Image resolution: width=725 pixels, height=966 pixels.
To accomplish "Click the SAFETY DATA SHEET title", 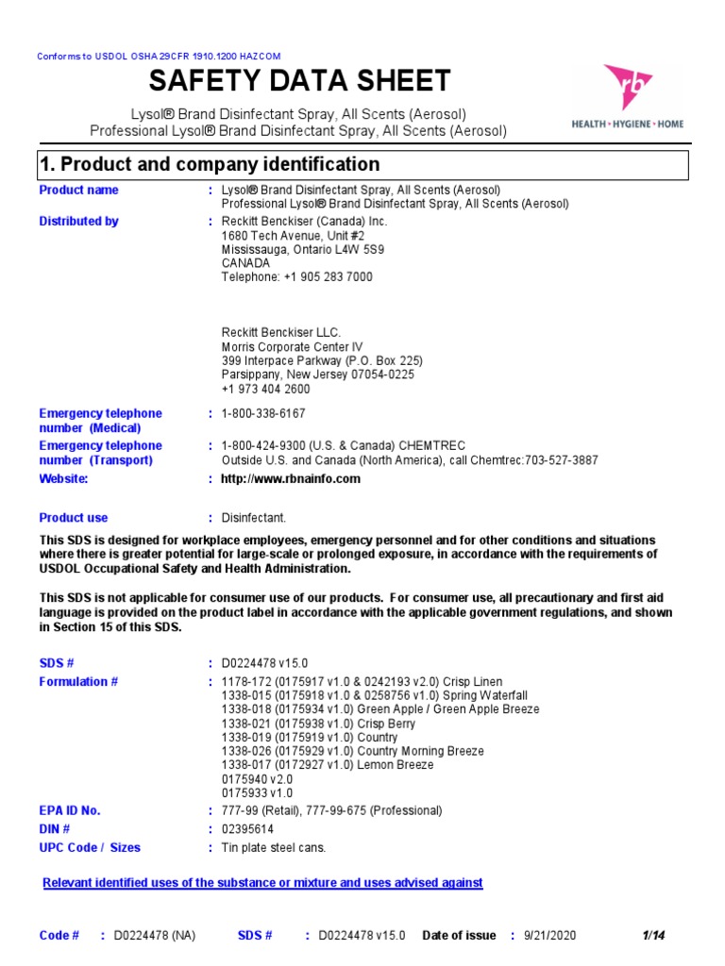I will (x=299, y=80).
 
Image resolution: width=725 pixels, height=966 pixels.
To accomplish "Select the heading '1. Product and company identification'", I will (x=210, y=165).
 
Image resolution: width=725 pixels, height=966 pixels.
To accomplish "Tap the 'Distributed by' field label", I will (x=78, y=222).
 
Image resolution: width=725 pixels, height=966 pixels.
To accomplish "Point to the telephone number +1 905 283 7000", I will (x=296, y=277).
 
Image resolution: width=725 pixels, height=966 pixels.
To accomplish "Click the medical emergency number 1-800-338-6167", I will (x=263, y=414).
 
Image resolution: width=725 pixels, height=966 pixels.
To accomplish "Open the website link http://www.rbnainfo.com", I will (x=291, y=479).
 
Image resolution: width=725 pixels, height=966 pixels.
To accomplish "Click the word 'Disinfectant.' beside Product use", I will (x=253, y=518).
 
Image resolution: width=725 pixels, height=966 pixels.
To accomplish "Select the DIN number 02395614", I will (x=246, y=829).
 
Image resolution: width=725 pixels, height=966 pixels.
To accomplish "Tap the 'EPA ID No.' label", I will (x=69, y=811).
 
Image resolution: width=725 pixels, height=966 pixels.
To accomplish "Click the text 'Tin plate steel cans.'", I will (x=273, y=848).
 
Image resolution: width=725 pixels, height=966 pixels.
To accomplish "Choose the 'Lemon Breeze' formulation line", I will (x=328, y=765).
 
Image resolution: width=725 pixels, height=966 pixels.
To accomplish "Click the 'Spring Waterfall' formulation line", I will (x=374, y=695).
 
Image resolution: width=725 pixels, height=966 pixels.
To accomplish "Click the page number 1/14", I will (x=654, y=936).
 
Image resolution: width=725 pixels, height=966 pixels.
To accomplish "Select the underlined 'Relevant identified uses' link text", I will (x=263, y=883).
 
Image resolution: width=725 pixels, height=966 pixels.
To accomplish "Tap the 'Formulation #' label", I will (x=78, y=682).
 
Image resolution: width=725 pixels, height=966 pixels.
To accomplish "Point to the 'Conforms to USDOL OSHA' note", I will (x=159, y=57).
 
